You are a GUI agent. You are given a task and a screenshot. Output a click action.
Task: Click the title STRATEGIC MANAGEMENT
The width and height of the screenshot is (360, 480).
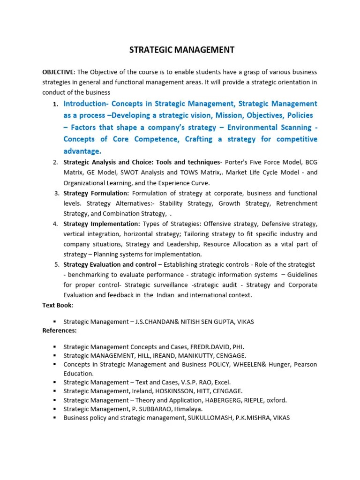(182, 50)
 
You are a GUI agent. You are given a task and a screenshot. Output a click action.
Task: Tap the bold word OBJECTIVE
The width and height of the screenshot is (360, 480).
(58, 72)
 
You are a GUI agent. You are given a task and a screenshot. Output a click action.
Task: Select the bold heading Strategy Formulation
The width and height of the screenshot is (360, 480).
(96, 193)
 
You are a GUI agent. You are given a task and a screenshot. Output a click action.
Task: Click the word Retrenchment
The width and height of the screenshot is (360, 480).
(297, 203)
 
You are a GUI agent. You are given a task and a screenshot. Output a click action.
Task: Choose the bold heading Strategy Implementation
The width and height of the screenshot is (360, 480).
(102, 224)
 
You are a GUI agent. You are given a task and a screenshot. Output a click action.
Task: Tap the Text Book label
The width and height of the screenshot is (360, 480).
(58, 305)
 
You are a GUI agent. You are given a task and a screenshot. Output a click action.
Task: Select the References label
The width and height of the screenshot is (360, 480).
(60, 330)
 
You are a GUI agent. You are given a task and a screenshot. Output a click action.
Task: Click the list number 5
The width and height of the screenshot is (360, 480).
(56, 264)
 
